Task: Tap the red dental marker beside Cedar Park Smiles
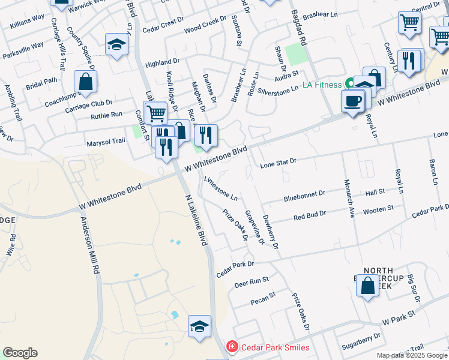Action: (231, 347)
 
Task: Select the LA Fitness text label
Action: (321, 85)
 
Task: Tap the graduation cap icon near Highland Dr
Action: (116, 44)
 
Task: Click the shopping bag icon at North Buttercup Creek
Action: (367, 285)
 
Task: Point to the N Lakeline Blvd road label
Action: (196, 220)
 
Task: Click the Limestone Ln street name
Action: (221, 188)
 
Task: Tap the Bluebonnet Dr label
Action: (304, 194)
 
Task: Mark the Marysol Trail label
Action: (106, 141)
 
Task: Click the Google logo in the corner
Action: (20, 353)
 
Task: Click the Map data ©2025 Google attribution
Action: (412, 355)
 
